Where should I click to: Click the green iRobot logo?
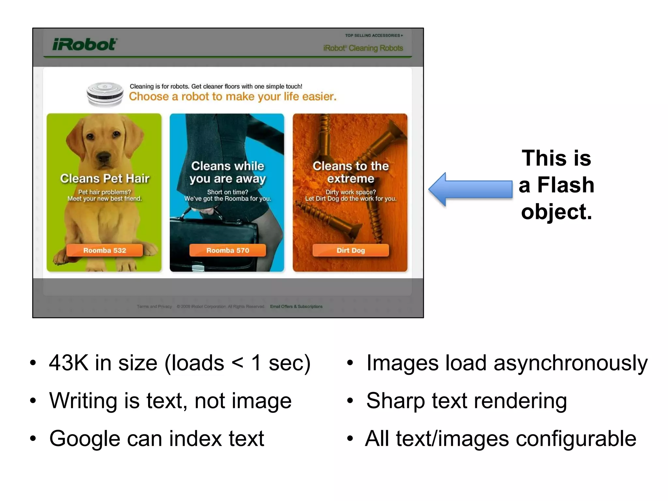(84, 44)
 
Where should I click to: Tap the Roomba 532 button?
(104, 250)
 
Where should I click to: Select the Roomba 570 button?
(227, 250)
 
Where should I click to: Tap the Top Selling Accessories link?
(373, 35)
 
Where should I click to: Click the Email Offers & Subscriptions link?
(296, 307)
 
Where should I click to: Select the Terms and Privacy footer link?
(154, 307)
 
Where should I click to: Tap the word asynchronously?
(570, 363)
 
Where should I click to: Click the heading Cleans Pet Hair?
(104, 178)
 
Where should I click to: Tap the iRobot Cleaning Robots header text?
(363, 48)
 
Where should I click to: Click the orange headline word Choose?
(149, 97)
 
